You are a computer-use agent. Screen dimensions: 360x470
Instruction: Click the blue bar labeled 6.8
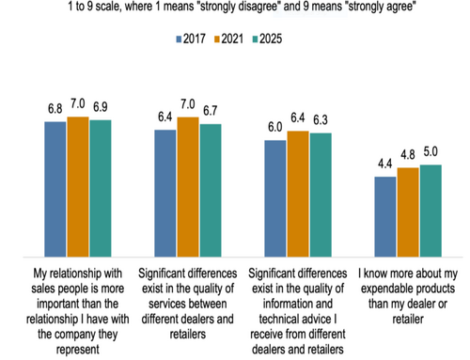pyautogui.click(x=55, y=188)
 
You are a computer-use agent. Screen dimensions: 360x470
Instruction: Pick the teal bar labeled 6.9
pyautogui.click(x=100, y=187)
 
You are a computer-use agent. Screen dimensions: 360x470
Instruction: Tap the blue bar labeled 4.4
pyautogui.click(x=385, y=215)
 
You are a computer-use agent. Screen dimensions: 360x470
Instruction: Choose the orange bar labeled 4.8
pyautogui.click(x=408, y=211)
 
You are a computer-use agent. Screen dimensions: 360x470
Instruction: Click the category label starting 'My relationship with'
pyautogui.click(x=77, y=305)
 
